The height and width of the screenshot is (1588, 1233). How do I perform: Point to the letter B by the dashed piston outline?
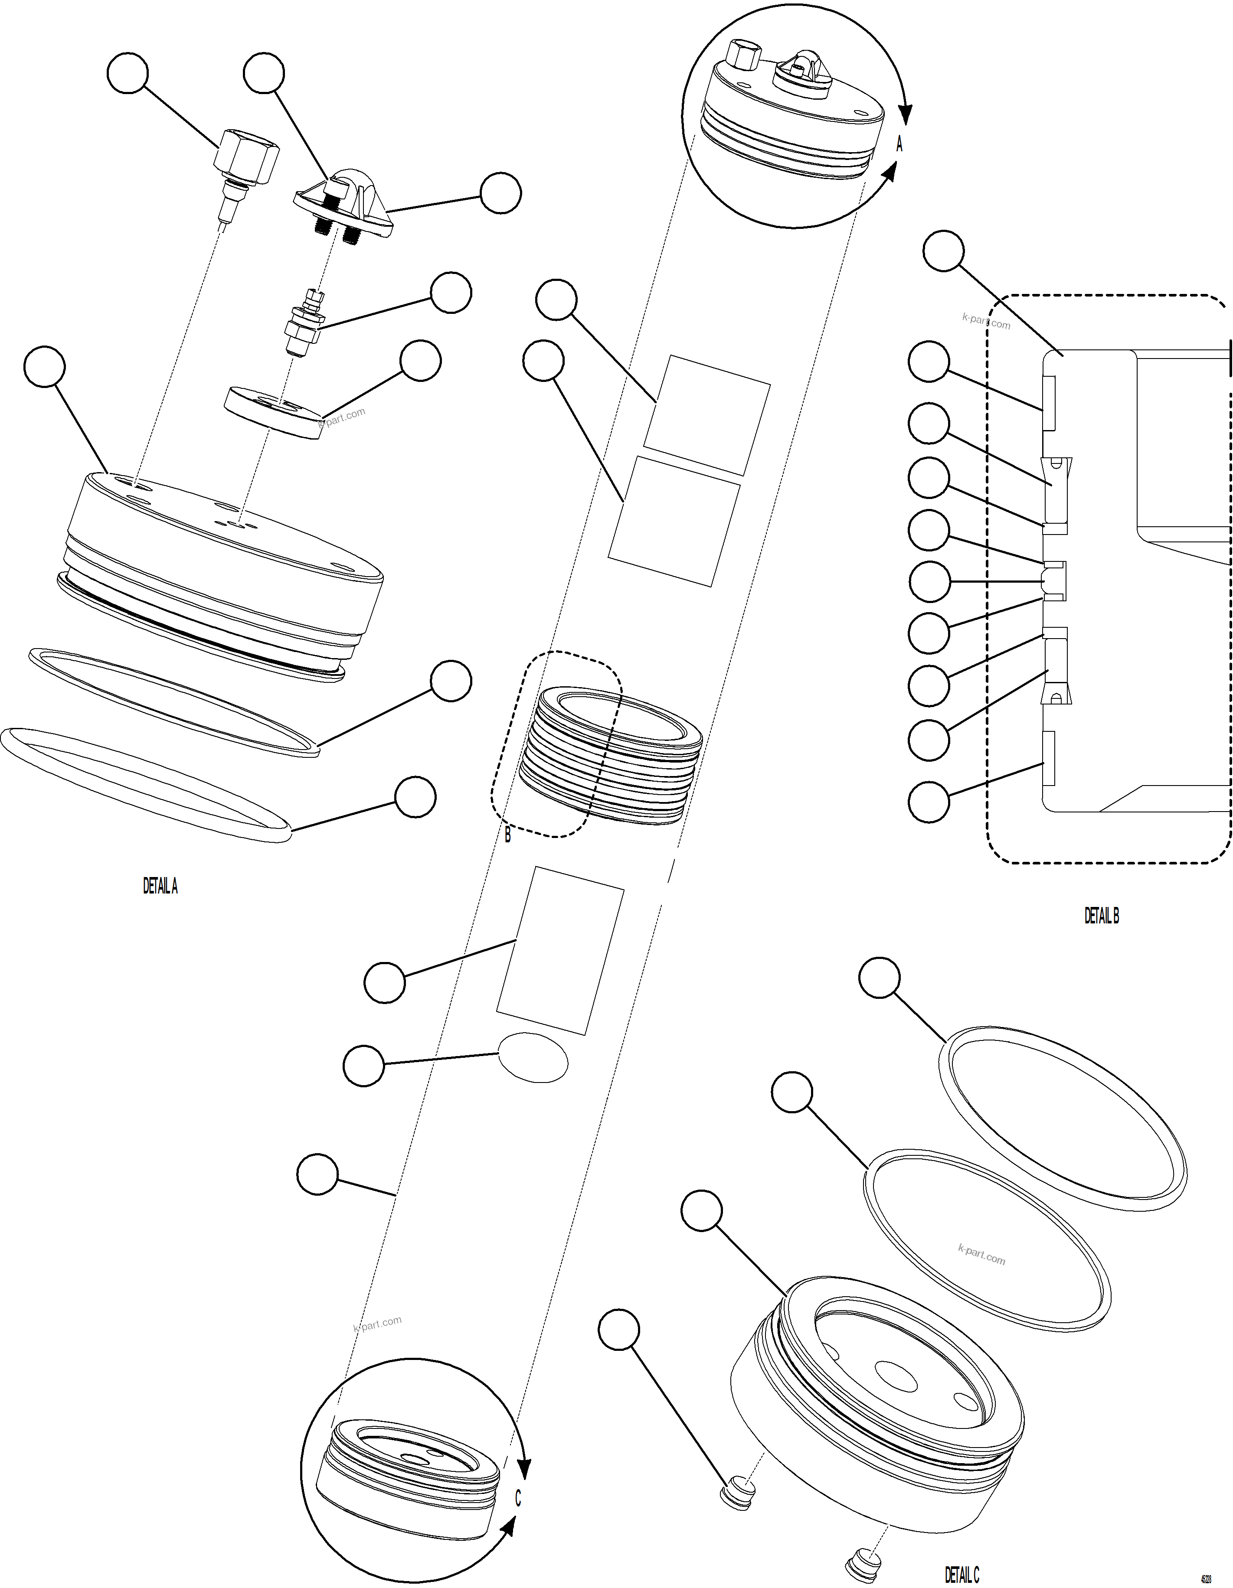[x=508, y=836]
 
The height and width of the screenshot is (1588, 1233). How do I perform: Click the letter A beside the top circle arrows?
[x=899, y=145]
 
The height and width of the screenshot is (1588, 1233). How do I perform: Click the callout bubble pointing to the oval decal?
[x=363, y=1066]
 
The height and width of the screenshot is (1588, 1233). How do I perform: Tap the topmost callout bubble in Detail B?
[x=943, y=251]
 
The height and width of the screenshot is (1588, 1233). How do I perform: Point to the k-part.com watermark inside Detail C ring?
[x=981, y=1254]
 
